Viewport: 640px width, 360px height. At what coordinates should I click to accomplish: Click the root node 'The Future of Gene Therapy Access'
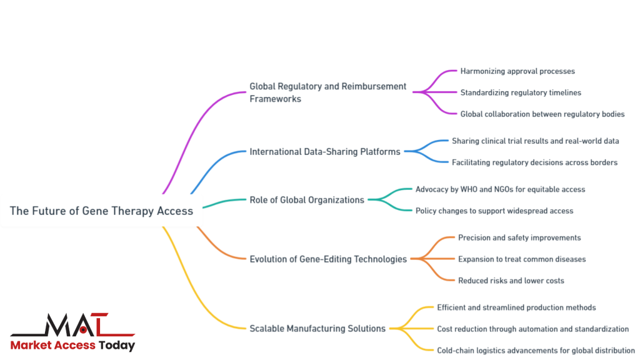(x=101, y=211)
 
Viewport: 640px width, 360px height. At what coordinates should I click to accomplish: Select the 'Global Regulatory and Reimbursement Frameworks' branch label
(x=327, y=92)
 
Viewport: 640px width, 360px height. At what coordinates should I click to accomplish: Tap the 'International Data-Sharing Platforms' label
(x=325, y=151)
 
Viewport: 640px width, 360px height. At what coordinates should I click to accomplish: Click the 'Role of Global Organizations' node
(x=307, y=200)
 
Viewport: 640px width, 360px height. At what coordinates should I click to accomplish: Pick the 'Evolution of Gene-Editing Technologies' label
(x=328, y=259)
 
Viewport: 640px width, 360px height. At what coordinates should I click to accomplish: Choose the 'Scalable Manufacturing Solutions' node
(x=317, y=328)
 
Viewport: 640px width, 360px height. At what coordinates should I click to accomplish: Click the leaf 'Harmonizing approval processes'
(x=517, y=71)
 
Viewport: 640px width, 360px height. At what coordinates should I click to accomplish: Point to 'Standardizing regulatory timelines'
(x=521, y=92)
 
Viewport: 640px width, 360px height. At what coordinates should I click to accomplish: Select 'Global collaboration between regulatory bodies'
(x=542, y=114)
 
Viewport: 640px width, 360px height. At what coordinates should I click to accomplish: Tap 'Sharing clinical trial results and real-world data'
(x=536, y=141)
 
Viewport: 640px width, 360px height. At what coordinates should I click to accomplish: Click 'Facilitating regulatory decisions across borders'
(x=534, y=162)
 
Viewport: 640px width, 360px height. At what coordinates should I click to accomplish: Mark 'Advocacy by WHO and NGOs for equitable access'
(x=500, y=189)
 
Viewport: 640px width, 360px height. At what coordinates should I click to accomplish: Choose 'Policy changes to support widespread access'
(x=494, y=211)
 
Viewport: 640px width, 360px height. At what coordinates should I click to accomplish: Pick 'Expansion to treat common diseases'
(x=522, y=259)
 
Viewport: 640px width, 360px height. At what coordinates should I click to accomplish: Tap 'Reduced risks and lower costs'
(x=511, y=281)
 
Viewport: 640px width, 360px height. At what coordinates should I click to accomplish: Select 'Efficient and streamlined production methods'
(x=516, y=307)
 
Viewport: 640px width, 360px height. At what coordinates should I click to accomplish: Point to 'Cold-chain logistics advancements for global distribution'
(x=536, y=350)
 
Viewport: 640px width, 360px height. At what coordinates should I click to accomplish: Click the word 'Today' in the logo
(x=117, y=345)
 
